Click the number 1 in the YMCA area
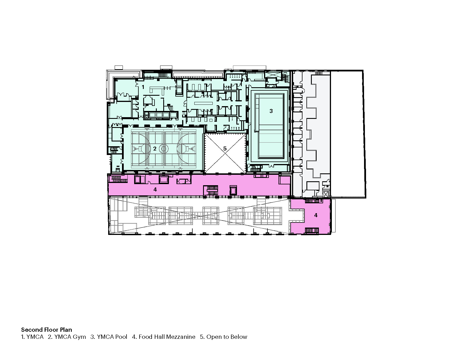[x=143, y=87]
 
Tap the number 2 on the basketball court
[x=154, y=149]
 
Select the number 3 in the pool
[x=271, y=111]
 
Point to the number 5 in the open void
[x=225, y=148]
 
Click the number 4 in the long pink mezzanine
[x=155, y=189]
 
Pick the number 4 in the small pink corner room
[x=316, y=215]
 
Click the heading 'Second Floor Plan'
[x=47, y=330]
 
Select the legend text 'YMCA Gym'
[x=70, y=337]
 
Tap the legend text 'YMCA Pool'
[x=112, y=337]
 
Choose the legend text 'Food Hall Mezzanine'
[x=167, y=337]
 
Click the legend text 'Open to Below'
[x=227, y=337]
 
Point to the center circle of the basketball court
[x=164, y=148]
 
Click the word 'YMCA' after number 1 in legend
[x=35, y=337]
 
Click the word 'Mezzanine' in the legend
[x=181, y=337]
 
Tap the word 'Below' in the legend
[x=239, y=337]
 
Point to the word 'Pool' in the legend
[x=121, y=337]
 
